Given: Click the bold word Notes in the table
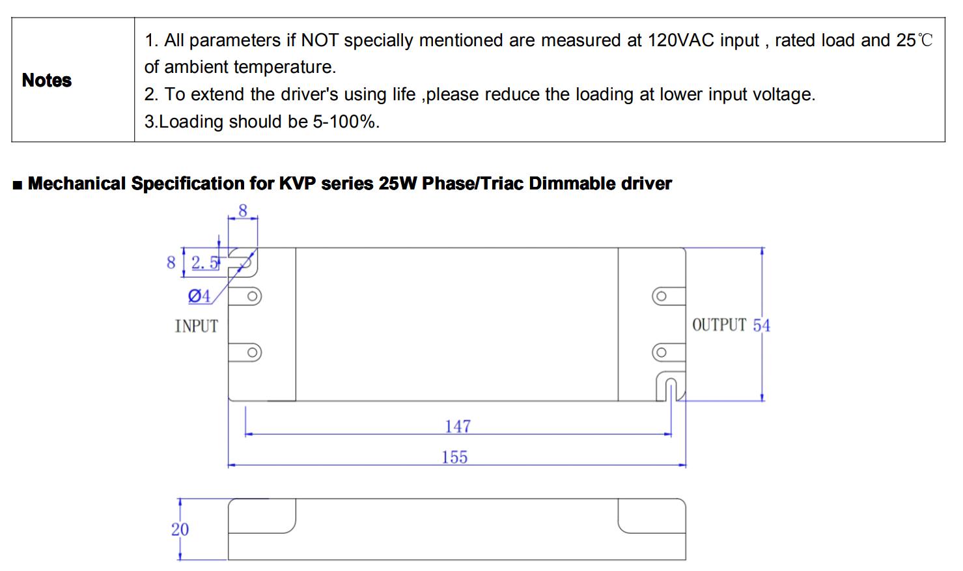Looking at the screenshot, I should [46, 80].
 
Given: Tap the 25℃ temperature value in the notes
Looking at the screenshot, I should [914, 40].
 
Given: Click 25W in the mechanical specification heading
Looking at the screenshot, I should [397, 184].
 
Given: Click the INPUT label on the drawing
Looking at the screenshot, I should [196, 326].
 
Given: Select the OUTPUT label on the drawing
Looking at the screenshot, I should [719, 325].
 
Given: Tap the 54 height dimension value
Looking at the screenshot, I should [761, 326].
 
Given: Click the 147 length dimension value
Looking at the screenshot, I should [458, 426].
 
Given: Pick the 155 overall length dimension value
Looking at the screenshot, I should [454, 458].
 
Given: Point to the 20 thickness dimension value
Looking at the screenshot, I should [180, 529].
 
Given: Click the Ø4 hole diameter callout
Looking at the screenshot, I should [199, 296].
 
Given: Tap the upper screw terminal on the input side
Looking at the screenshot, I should [253, 297].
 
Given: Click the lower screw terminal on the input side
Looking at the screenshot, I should [253, 353].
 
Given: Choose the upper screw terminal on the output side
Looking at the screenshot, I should [661, 297].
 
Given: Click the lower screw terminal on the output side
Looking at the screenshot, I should [661, 353].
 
